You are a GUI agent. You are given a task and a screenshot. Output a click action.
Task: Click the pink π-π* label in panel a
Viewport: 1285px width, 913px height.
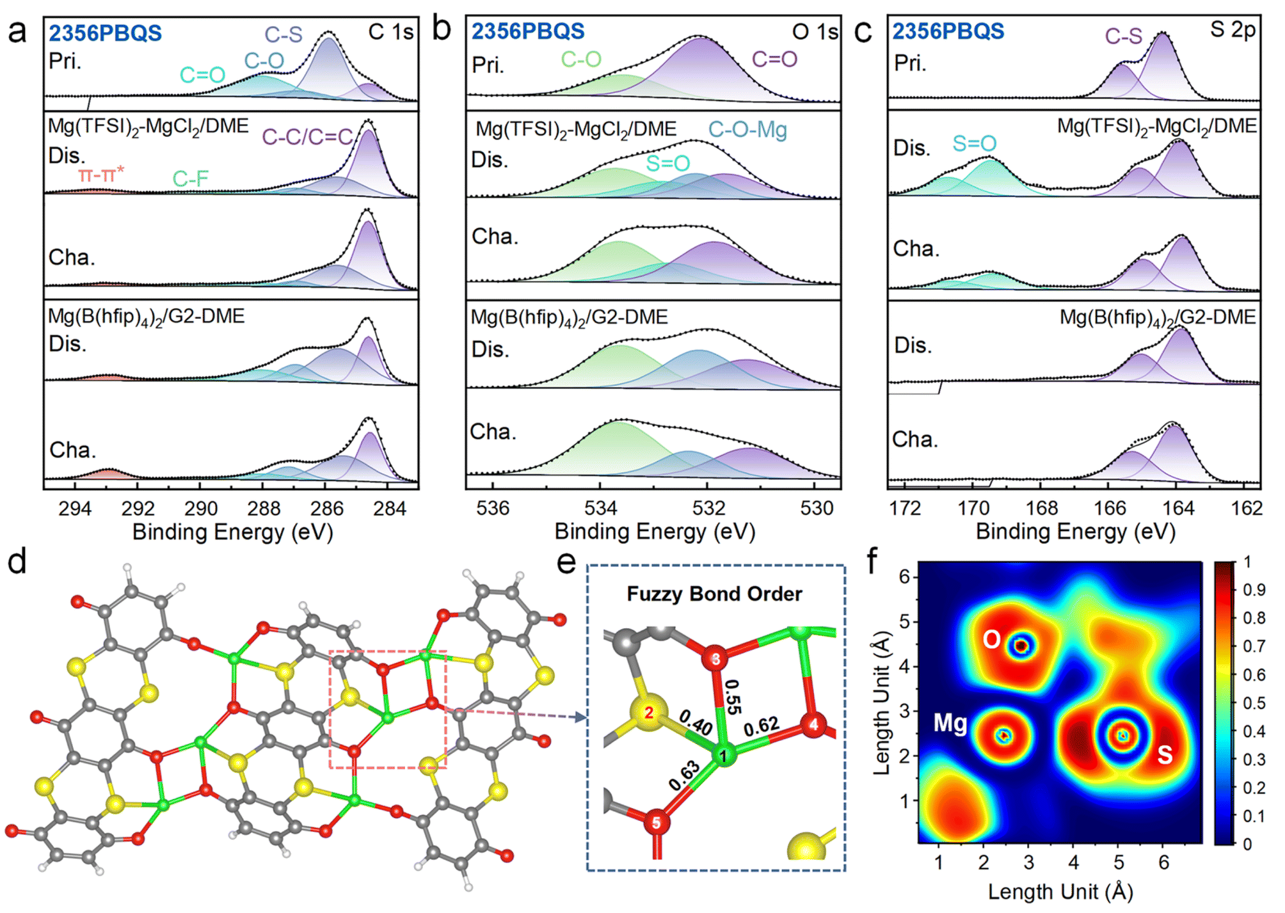pyautogui.click(x=101, y=174)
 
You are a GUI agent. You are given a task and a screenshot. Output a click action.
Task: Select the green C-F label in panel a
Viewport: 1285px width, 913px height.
pyautogui.click(x=191, y=179)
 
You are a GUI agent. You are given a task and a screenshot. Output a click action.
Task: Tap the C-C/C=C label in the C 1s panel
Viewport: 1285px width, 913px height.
pyautogui.click(x=307, y=136)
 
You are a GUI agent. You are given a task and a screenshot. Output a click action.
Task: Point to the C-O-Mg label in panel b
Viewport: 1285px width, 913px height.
pyautogui.click(x=747, y=130)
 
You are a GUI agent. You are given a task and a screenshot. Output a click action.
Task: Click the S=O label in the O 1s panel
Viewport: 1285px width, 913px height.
pyautogui.click(x=667, y=163)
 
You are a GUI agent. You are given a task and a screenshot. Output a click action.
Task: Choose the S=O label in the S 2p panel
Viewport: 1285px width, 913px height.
pyautogui.click(x=974, y=143)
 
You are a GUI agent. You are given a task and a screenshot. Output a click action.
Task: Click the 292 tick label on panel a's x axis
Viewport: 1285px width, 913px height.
pyautogui.click(x=138, y=509)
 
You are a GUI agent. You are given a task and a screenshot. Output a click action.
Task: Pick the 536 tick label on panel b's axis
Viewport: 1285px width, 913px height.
pyautogui.click(x=493, y=509)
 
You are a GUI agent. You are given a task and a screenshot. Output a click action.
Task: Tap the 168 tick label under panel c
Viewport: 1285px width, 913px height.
pyautogui.click(x=1041, y=509)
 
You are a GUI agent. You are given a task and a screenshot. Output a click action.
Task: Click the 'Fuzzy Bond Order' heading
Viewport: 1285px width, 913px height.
pyautogui.click(x=714, y=594)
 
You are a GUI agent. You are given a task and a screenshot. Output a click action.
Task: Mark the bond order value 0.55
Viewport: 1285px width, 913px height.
pyautogui.click(x=733, y=697)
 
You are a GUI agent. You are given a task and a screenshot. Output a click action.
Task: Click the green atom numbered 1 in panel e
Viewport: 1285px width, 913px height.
pyautogui.click(x=724, y=756)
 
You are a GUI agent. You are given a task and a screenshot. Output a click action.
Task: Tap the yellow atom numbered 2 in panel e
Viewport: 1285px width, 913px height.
pyautogui.click(x=649, y=713)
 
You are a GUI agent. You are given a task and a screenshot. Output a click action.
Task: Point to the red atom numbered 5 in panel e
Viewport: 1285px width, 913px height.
pyautogui.click(x=656, y=823)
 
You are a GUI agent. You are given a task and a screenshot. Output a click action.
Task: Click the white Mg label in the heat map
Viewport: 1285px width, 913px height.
pyautogui.click(x=950, y=724)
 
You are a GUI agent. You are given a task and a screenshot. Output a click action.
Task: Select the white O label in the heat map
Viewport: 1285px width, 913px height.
pyautogui.click(x=991, y=639)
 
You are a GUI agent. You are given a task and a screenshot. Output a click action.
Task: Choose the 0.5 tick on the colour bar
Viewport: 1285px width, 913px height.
pyautogui.click(x=1254, y=703)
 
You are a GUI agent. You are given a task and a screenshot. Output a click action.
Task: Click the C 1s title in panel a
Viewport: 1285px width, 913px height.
pyautogui.click(x=391, y=32)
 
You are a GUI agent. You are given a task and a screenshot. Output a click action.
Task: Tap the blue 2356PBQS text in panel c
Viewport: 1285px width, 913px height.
pyautogui.click(x=948, y=31)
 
